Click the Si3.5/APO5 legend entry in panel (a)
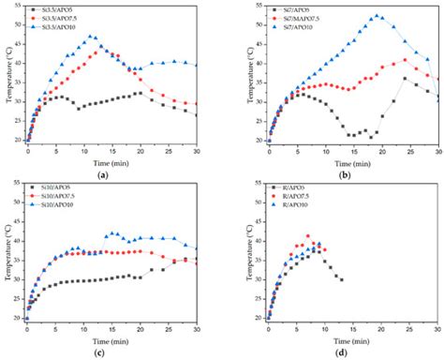click(51, 7)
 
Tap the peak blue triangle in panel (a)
click(91, 37)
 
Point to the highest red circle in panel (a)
click(96, 52)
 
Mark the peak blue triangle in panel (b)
click(377, 16)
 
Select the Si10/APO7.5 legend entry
click(54, 200)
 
